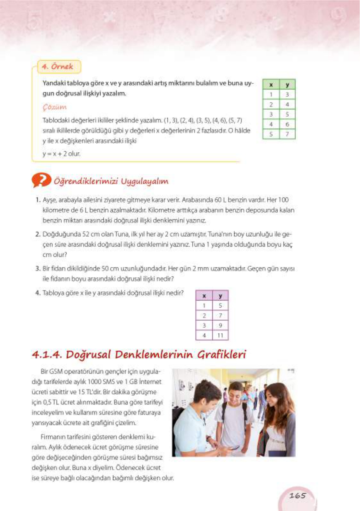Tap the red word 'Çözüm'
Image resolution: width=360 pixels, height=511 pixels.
tap(54, 107)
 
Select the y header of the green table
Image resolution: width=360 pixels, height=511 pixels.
tap(287, 85)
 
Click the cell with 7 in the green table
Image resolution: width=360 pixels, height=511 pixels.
tap(287, 134)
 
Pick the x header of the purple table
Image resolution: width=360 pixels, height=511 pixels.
tap(204, 296)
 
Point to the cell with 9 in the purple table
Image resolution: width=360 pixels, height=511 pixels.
tap(220, 325)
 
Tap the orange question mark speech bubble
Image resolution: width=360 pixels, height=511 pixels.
tap(41, 180)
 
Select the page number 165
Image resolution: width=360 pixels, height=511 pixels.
tap(297, 496)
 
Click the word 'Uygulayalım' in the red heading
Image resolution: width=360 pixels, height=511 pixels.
tap(144, 181)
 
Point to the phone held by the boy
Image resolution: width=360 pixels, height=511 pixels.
tap(233, 448)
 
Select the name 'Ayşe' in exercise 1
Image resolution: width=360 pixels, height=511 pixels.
tap(50, 200)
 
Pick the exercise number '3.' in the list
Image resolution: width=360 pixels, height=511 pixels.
tap(38, 268)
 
